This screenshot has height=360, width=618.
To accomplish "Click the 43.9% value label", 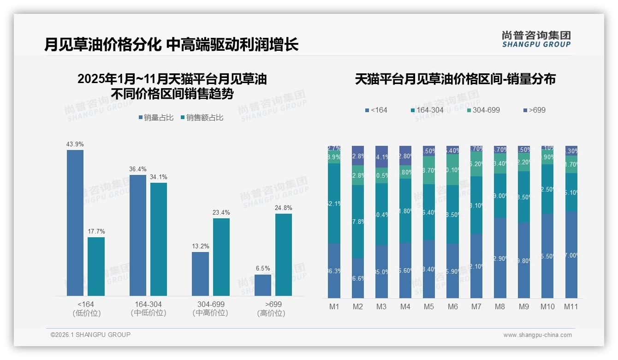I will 75,144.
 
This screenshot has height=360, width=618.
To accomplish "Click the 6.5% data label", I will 263,268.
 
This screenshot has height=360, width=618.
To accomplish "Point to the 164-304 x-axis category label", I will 149,305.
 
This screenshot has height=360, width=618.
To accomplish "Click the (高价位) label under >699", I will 271,313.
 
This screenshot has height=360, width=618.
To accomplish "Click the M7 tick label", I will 476,306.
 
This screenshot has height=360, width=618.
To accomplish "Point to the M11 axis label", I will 571,306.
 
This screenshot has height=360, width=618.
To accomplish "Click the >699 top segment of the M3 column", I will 381,156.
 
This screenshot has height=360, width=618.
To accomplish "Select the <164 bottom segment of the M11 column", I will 571,255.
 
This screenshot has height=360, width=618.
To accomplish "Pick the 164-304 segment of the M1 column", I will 334,203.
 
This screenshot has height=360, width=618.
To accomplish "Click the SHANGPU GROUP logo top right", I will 536,39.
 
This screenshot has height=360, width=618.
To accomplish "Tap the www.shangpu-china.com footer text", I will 537,335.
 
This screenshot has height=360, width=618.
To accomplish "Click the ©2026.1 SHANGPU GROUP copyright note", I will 90,335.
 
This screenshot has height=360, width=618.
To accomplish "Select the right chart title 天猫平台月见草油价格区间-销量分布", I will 455,79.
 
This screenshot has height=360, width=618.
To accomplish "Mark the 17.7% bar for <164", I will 96,266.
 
